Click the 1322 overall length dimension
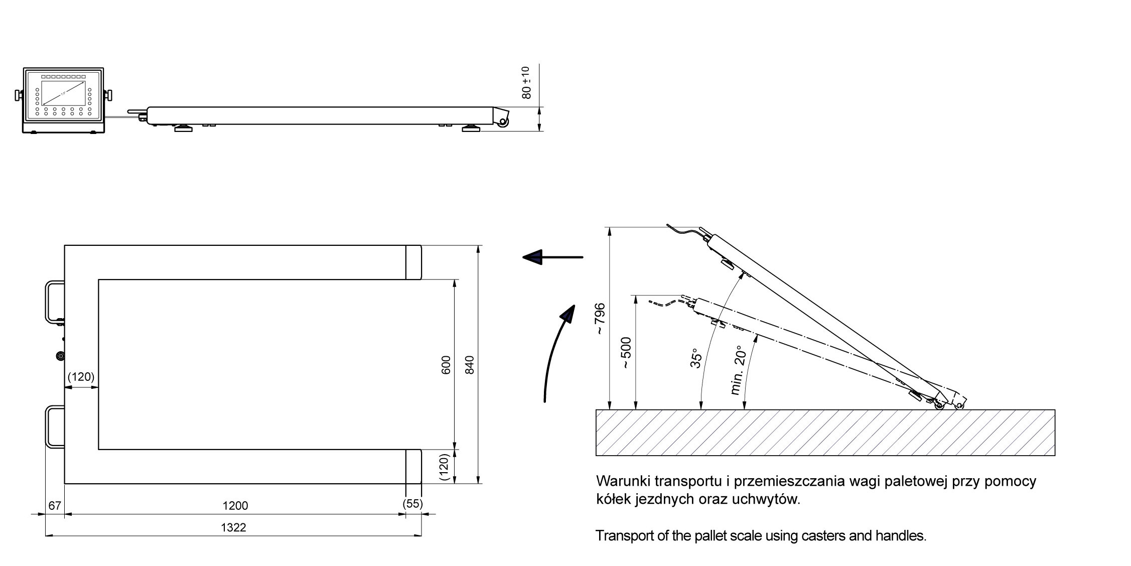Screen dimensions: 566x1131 [x=233, y=527]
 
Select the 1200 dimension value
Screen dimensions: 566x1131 [x=235, y=506]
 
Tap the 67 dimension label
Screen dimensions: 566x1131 [x=55, y=506]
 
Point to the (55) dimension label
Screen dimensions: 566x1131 [x=413, y=503]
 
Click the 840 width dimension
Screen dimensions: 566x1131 [x=470, y=365]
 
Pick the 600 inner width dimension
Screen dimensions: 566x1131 [x=446, y=365]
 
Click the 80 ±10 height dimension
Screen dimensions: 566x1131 [x=526, y=82]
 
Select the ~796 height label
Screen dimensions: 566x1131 [x=600, y=319]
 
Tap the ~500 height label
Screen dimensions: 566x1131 [x=626, y=353]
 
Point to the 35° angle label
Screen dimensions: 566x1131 [x=695, y=358]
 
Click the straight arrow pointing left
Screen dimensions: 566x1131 [x=552, y=257]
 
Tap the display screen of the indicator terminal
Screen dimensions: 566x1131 [x=63, y=93]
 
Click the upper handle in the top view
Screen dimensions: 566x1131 [x=54, y=302]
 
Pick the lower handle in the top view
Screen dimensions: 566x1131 [x=54, y=426]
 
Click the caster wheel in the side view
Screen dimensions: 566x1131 [x=503, y=121]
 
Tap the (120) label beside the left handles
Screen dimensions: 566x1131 [x=81, y=377]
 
